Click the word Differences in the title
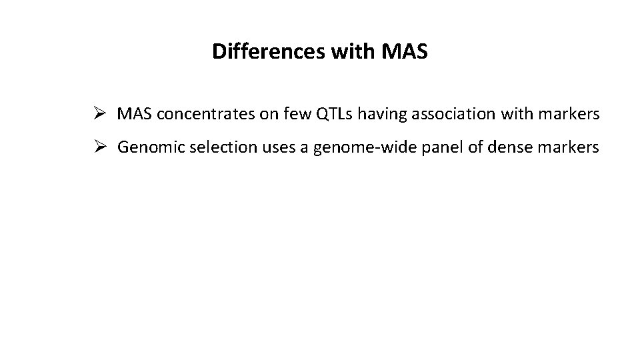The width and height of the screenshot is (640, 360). (x=268, y=51)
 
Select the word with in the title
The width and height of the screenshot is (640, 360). (x=355, y=51)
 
